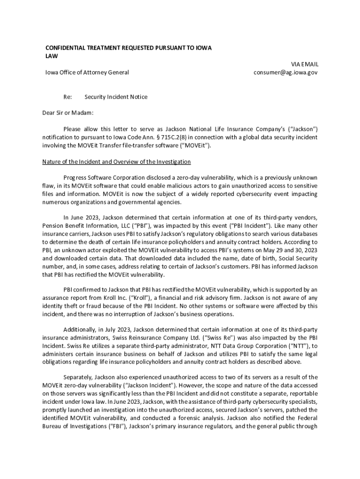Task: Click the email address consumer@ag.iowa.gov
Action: point(286,73)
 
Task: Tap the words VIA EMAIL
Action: point(304,64)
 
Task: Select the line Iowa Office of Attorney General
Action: point(87,73)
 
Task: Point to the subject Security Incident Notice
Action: point(116,97)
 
